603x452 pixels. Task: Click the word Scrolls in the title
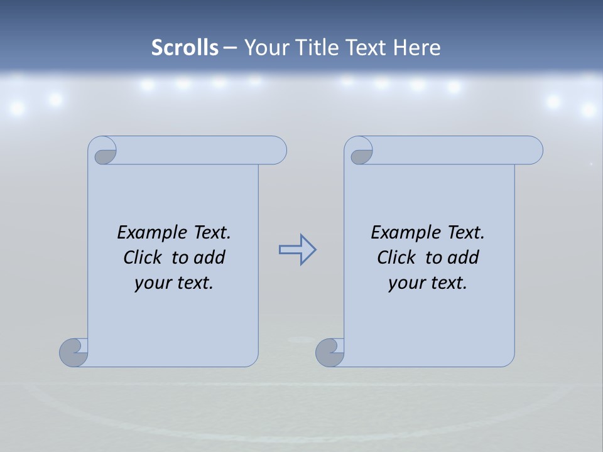pyautogui.click(x=185, y=48)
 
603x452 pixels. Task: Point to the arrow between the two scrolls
pyautogui.click(x=297, y=250)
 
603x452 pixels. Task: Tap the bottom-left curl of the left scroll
pyautogui.click(x=73, y=352)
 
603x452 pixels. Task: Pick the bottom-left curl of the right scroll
pyautogui.click(x=329, y=352)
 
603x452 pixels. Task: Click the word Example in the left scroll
pyautogui.click(x=146, y=233)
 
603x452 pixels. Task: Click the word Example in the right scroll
pyautogui.click(x=399, y=233)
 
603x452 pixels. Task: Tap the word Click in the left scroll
pyautogui.click(x=138, y=257)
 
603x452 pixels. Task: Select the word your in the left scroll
pyautogui.click(x=152, y=283)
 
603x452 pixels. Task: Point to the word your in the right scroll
pyautogui.click(x=406, y=283)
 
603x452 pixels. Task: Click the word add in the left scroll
pyautogui.click(x=210, y=257)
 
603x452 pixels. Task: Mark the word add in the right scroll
pyautogui.click(x=464, y=257)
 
